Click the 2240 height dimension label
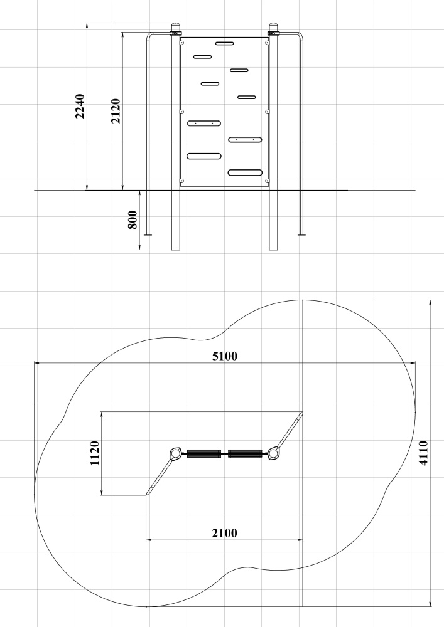tap(80, 106)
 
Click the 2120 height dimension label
tap(116, 111)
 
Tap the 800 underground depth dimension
tap(133, 219)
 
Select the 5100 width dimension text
tap(225, 356)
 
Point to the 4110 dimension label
tap(423, 453)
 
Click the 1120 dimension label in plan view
tap(94, 453)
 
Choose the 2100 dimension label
tap(225, 533)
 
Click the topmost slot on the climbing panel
tap(224, 43)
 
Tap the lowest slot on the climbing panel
tap(245, 173)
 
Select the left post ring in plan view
tap(175, 454)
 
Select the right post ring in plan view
tap(273, 453)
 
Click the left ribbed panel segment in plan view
tap(204, 454)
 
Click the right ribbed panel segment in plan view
tap(245, 454)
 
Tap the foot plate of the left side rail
tap(148, 234)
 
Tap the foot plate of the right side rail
tap(301, 234)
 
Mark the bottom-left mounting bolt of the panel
tap(181, 181)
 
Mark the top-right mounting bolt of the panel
tap(267, 43)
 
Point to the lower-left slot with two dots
tap(203, 123)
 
